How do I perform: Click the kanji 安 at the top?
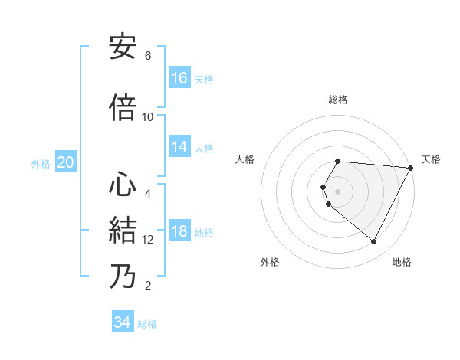[x=123, y=46]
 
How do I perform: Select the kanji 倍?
[x=123, y=107]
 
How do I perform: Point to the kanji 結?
[x=123, y=231]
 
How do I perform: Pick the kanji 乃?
[x=123, y=276]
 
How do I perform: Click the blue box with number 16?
[x=179, y=78]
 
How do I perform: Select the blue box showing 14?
[x=179, y=148]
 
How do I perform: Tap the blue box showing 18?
[x=179, y=232]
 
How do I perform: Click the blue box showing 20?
[x=65, y=162]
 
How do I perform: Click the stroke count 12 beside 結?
[x=149, y=240]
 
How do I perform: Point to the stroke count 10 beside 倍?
[x=148, y=116]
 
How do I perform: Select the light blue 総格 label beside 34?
[x=147, y=324]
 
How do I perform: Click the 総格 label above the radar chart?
[x=338, y=100]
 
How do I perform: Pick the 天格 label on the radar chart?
[x=431, y=159]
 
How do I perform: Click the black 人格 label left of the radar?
[x=245, y=159]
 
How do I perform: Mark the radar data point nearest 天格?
[x=411, y=168]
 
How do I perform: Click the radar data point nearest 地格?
[x=374, y=242]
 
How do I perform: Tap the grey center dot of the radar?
[x=338, y=191]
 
